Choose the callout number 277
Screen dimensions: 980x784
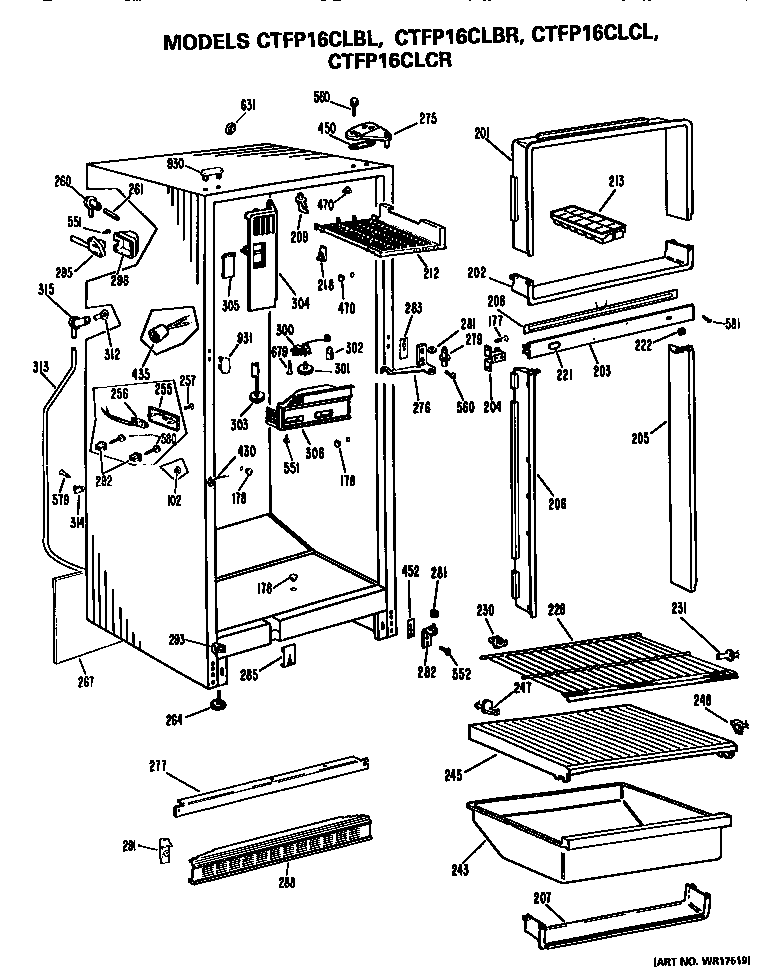[x=156, y=768]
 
